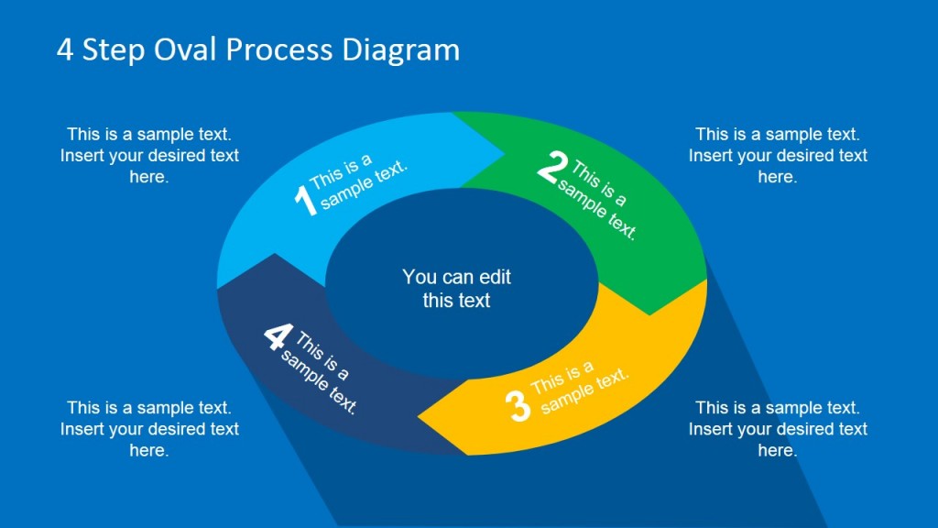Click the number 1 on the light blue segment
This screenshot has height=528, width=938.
click(x=305, y=201)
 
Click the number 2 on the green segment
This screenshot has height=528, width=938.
click(x=551, y=169)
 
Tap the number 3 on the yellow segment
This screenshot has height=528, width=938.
click(x=518, y=406)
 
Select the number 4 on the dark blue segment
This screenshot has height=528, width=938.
click(x=276, y=336)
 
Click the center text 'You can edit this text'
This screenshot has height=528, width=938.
click(x=456, y=288)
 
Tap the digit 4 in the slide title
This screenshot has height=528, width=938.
click(x=65, y=49)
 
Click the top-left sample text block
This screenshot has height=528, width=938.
click(x=149, y=155)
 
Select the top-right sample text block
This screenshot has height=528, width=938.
click(x=778, y=155)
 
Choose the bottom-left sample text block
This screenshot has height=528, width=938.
click(x=149, y=428)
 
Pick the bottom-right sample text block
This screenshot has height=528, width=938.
click(x=778, y=428)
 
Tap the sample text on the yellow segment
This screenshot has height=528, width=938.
click(x=579, y=386)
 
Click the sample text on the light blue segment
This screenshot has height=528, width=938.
click(x=357, y=181)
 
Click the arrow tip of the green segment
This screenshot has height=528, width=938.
click(x=650, y=313)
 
